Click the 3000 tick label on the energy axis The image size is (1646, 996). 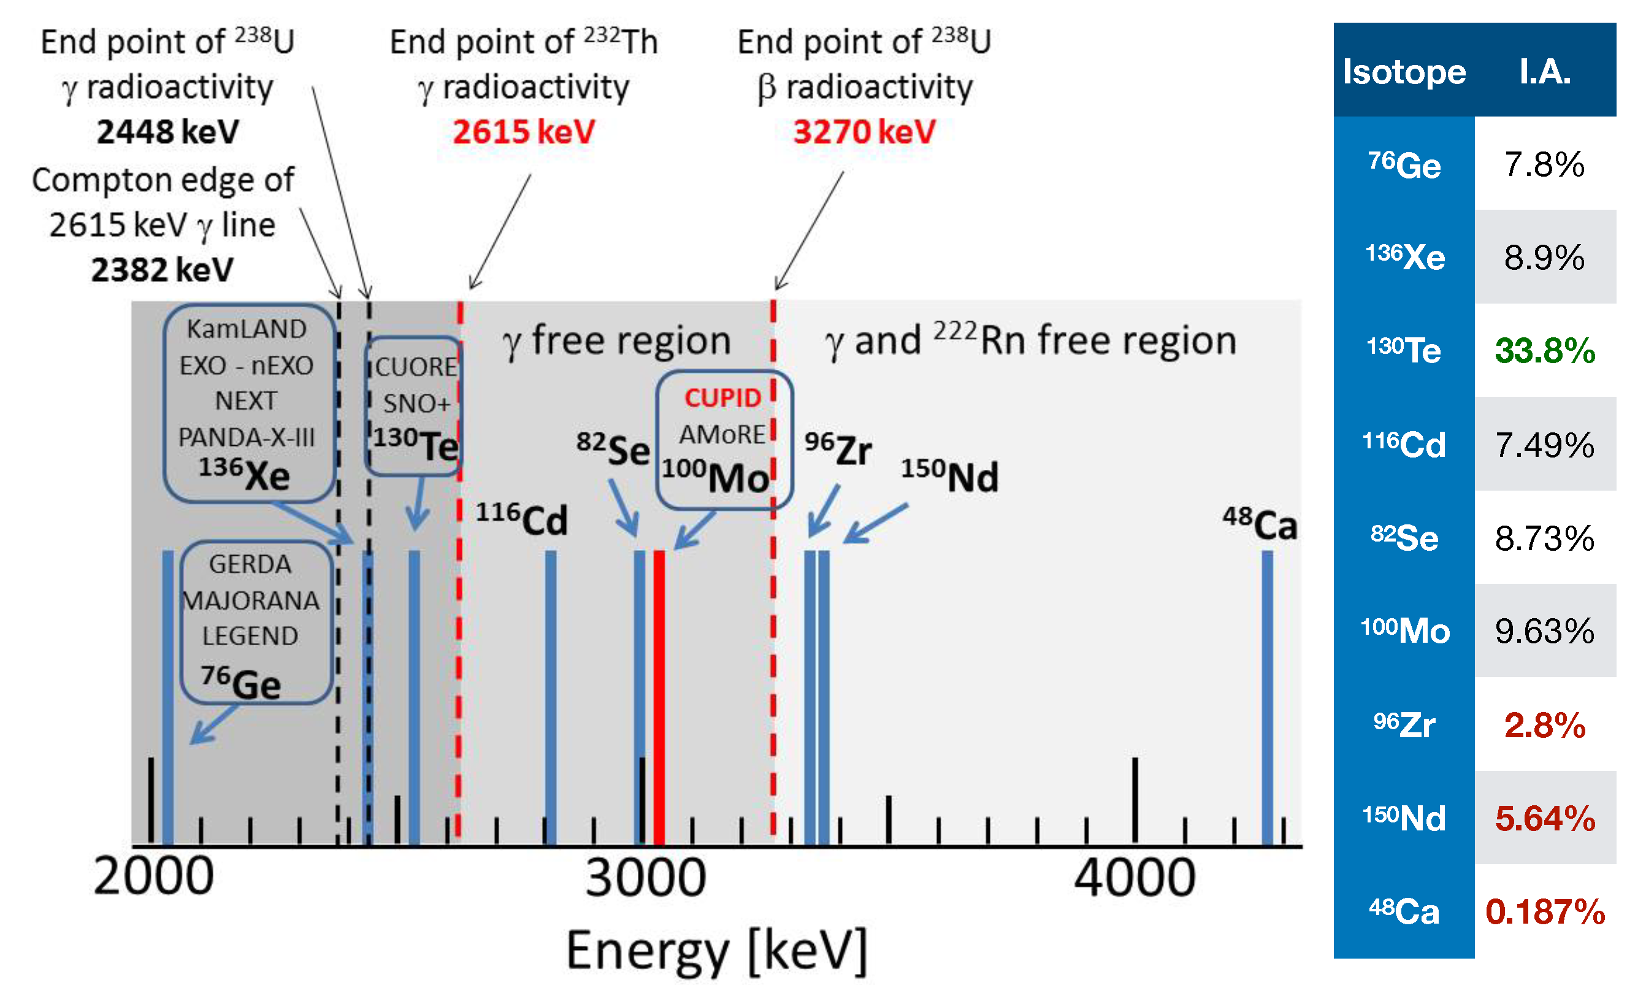tap(645, 876)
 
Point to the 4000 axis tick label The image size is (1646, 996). tap(1135, 876)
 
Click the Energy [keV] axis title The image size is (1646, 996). tap(716, 951)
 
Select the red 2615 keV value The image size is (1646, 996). tap(523, 132)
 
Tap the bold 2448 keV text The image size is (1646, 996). tap(167, 132)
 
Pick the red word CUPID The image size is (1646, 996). tap(722, 398)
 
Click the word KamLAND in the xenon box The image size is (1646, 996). tap(247, 329)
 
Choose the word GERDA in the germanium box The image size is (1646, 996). tap(250, 564)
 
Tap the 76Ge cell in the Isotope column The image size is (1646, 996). tap(1404, 164)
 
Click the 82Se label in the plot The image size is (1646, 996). tap(613, 448)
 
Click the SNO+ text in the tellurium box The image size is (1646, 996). tap(416, 404)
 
